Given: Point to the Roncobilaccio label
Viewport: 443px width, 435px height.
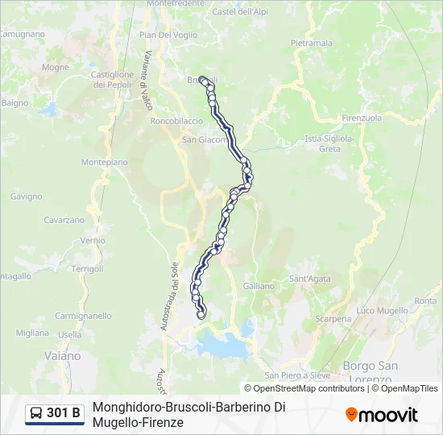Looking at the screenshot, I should tap(176, 121).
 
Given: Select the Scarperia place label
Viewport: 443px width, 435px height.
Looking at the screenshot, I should tap(333, 318).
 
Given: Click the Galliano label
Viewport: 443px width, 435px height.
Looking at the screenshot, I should tap(259, 286).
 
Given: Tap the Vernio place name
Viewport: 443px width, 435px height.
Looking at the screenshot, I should tap(93, 240).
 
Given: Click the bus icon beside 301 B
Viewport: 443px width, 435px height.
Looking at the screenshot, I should tap(36, 414).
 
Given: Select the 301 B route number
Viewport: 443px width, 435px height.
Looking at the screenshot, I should tap(64, 414).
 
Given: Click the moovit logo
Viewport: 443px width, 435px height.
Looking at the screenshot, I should tap(382, 415).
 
